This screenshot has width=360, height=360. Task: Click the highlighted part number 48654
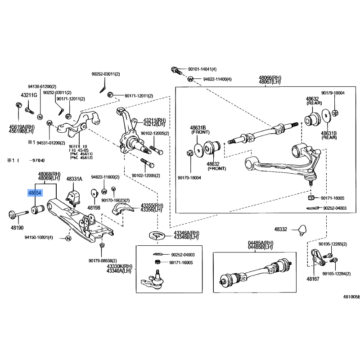click(x=35, y=193)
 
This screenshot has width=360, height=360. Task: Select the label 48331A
click(x=74, y=179)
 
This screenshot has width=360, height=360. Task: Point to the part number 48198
click(x=94, y=208)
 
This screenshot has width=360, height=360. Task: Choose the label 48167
click(x=313, y=279)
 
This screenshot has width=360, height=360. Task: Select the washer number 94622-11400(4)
click(x=217, y=79)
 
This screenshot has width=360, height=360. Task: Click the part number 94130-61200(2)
click(x=42, y=86)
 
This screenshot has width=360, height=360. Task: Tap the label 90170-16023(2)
click(x=116, y=200)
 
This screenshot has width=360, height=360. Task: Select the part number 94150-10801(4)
click(x=38, y=237)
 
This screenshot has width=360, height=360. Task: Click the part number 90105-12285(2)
click(x=333, y=244)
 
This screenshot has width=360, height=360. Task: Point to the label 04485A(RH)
click(x=261, y=243)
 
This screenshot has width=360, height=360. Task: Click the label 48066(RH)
click(x=270, y=77)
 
